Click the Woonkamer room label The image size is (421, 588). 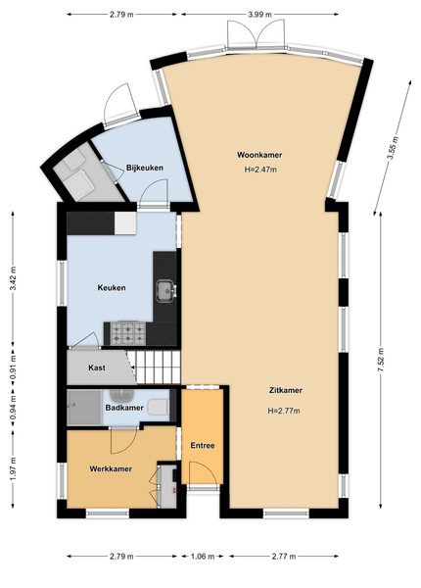pyautogui.click(x=259, y=155)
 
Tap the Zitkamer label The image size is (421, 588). pyautogui.click(x=286, y=390)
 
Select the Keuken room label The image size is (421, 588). pyautogui.click(x=112, y=288)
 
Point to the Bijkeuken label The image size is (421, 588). pyautogui.click(x=145, y=168)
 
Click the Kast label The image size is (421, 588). pyautogui.click(x=97, y=367)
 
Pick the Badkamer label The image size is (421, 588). pyautogui.click(x=124, y=408)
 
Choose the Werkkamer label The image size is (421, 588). pyautogui.click(x=111, y=469)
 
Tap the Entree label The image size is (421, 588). pyautogui.click(x=203, y=446)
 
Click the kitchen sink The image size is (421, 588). pyautogui.click(x=165, y=291)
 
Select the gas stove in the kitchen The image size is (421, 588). pyautogui.click(x=127, y=333)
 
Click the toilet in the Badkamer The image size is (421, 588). pyautogui.click(x=159, y=408)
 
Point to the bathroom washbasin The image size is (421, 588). pyautogui.click(x=122, y=395)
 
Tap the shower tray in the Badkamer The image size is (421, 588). pyautogui.click(x=84, y=408)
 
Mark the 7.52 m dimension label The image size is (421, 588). pyautogui.click(x=381, y=360)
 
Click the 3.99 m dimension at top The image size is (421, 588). pyautogui.click(x=259, y=15)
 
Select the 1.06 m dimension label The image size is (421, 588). pyautogui.click(x=203, y=556)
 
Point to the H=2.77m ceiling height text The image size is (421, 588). pyautogui.click(x=284, y=411)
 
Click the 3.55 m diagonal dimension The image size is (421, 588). pyautogui.click(x=393, y=148)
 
